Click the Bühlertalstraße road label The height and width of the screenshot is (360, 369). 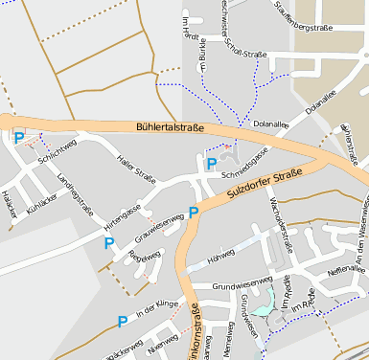click(x=170, y=126)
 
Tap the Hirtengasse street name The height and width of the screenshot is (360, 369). click(x=123, y=216)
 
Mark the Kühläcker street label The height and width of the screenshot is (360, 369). click(x=45, y=208)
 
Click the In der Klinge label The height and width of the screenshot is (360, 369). click(x=157, y=310)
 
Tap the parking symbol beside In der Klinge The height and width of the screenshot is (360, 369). click(x=122, y=322)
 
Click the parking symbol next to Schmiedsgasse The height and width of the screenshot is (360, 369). click(x=211, y=165)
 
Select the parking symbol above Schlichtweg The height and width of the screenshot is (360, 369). click(x=19, y=138)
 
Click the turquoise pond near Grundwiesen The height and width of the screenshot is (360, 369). click(x=264, y=301)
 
